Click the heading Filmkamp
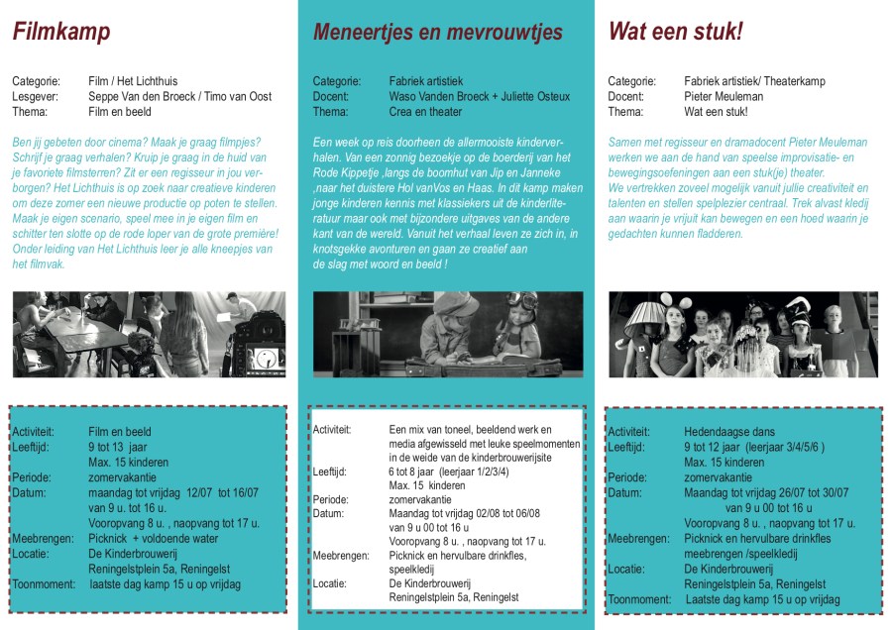tap(60, 33)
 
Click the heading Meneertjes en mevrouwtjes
tap(437, 33)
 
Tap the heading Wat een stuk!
tap(675, 33)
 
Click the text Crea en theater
tap(426, 112)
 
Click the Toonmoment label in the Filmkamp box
tap(44, 584)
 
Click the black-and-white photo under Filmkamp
tap(149, 334)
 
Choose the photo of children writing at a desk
tap(445, 334)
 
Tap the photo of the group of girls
tap(742, 334)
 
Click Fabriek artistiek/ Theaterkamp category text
tap(753, 81)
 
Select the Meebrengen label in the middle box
tap(343, 556)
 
